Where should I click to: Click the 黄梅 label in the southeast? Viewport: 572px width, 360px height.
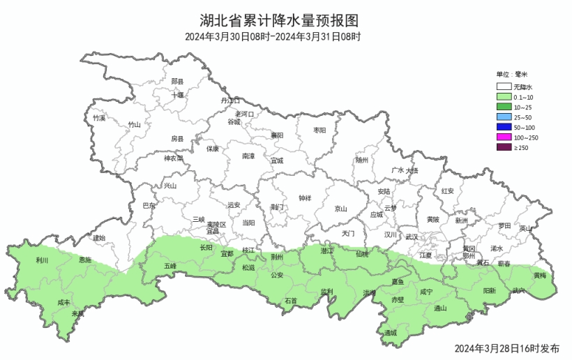click(x=541, y=276)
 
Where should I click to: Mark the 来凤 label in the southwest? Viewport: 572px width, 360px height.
click(x=78, y=313)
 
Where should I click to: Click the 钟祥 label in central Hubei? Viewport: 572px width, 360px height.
click(x=305, y=198)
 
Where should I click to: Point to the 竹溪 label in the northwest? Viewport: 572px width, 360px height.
click(x=99, y=118)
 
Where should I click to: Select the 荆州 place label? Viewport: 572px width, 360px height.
click(x=277, y=256)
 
